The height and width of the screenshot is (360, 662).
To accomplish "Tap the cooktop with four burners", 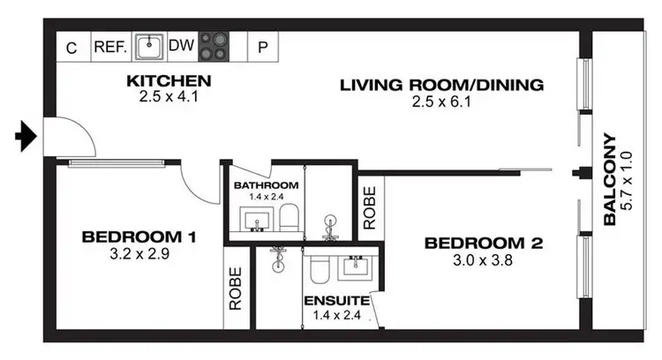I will (213, 46).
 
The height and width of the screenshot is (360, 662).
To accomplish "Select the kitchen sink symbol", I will (152, 45).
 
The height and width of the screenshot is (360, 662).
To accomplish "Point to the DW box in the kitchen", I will (181, 47).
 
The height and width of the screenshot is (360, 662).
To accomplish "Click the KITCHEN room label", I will (169, 82).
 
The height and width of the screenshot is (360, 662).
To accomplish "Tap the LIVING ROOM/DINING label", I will (441, 86).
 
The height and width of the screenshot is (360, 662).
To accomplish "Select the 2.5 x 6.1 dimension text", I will (441, 101).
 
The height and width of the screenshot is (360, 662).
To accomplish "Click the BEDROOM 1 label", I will (139, 236).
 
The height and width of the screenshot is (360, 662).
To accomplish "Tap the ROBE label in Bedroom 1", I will (236, 289).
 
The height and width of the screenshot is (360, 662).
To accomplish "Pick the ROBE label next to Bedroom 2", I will (369, 204).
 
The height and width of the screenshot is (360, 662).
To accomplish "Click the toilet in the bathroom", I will (288, 217).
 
